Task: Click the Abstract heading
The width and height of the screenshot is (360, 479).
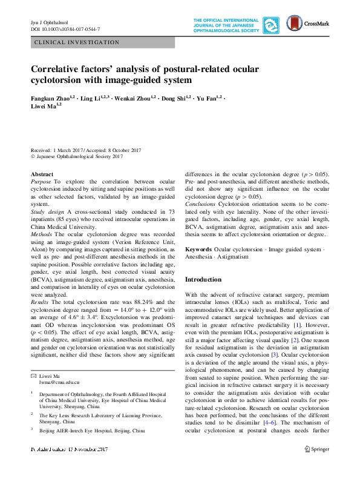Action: point(42,174)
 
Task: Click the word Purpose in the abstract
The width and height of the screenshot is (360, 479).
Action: point(41,182)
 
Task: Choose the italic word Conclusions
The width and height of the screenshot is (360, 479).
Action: point(200,204)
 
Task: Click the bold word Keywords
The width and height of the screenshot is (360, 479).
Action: point(198,249)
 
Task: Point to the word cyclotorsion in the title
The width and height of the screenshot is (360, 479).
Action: point(60,79)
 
